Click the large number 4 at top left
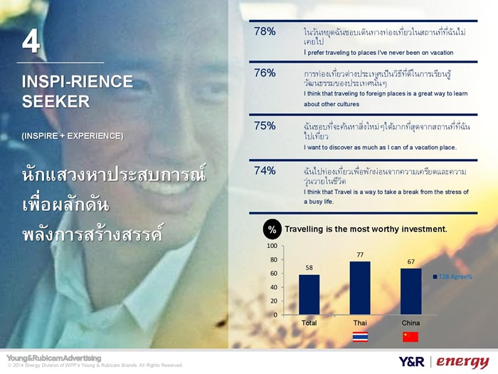tap(31, 42)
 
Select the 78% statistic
tap(265, 31)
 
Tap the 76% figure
tap(265, 73)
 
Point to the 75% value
tap(265, 126)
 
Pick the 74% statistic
tap(265, 171)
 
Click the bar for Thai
tap(360, 288)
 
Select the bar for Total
tap(309, 295)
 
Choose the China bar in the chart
tap(411, 291)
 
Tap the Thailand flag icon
tap(360, 337)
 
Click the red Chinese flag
tap(410, 337)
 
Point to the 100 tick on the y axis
tap(272, 246)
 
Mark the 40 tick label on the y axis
tap(274, 287)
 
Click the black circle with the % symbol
tap(272, 229)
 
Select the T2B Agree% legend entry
tap(452, 276)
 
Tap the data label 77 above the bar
tap(360, 255)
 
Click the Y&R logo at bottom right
tap(411, 362)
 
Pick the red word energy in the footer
tap(462, 362)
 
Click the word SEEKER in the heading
tap(56, 101)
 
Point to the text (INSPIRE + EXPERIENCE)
tap(73, 136)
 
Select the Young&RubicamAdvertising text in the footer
tap(53, 358)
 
